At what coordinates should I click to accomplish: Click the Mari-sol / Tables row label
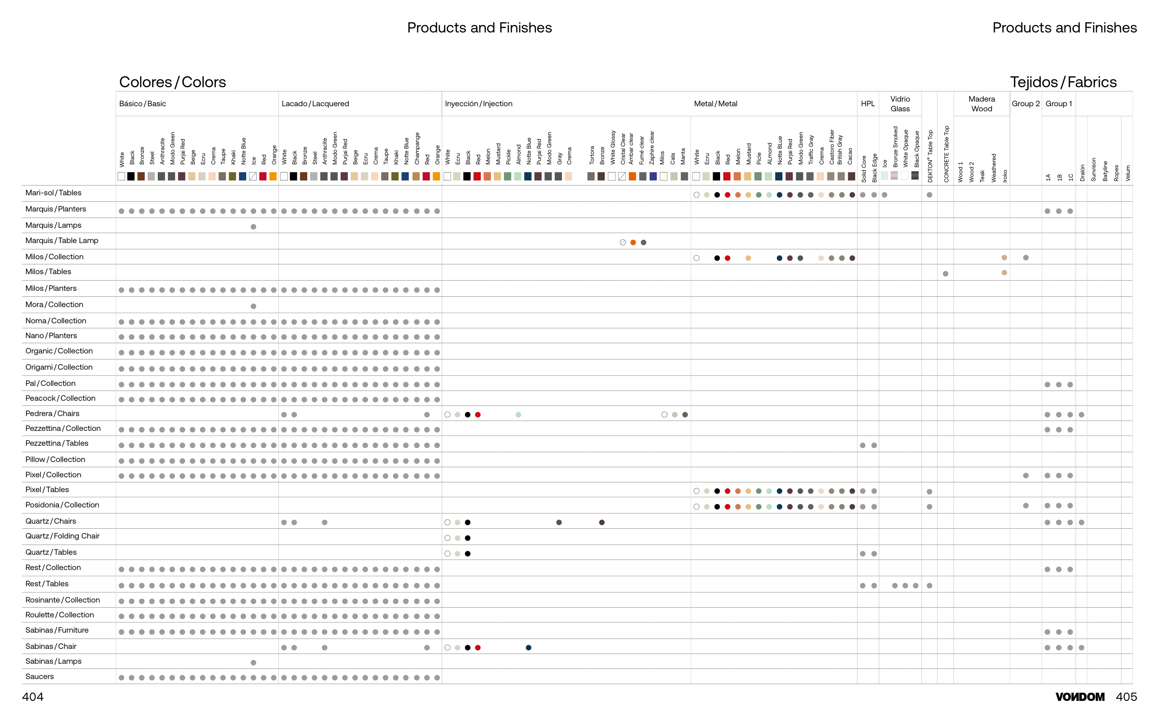click(53, 193)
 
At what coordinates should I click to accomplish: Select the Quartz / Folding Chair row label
click(62, 536)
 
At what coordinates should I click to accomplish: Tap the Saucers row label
click(39, 677)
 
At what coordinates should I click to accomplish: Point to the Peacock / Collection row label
click(60, 398)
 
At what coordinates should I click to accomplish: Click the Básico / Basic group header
click(142, 104)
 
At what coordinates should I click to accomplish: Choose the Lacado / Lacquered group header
click(315, 104)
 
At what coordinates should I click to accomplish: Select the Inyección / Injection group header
click(478, 104)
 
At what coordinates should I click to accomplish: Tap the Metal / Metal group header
click(715, 104)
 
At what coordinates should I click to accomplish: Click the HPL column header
click(867, 104)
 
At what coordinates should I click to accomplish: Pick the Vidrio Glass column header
click(900, 104)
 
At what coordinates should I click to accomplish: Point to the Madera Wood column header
click(981, 104)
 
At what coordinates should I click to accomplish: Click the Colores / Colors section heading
click(173, 82)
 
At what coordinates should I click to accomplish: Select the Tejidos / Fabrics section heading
click(1063, 82)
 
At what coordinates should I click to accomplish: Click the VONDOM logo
click(1080, 697)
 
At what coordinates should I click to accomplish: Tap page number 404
click(33, 697)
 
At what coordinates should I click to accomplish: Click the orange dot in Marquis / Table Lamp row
click(633, 243)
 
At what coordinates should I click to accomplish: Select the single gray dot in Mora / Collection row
click(254, 306)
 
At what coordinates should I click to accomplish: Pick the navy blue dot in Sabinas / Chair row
click(528, 647)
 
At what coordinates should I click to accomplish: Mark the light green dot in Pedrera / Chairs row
click(519, 415)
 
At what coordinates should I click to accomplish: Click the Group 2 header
click(1025, 104)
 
